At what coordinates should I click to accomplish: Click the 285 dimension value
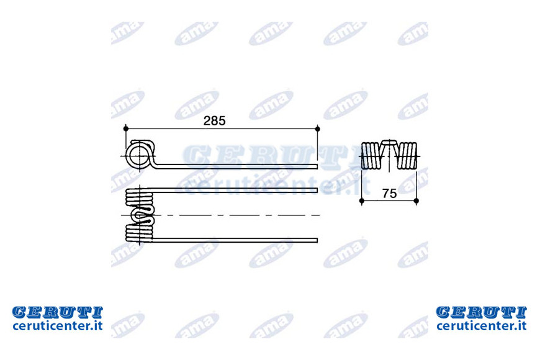pos(214,120)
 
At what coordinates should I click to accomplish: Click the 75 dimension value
pos(389,194)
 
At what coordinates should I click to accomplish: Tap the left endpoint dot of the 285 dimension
pos(126,128)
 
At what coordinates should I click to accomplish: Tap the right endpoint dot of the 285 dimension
pos(318,128)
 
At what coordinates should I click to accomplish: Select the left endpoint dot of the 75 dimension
pos(362,200)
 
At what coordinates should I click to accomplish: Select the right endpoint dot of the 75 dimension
pos(416,200)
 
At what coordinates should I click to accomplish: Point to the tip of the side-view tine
pos(317,167)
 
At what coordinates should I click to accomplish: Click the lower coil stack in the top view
pos(139,232)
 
